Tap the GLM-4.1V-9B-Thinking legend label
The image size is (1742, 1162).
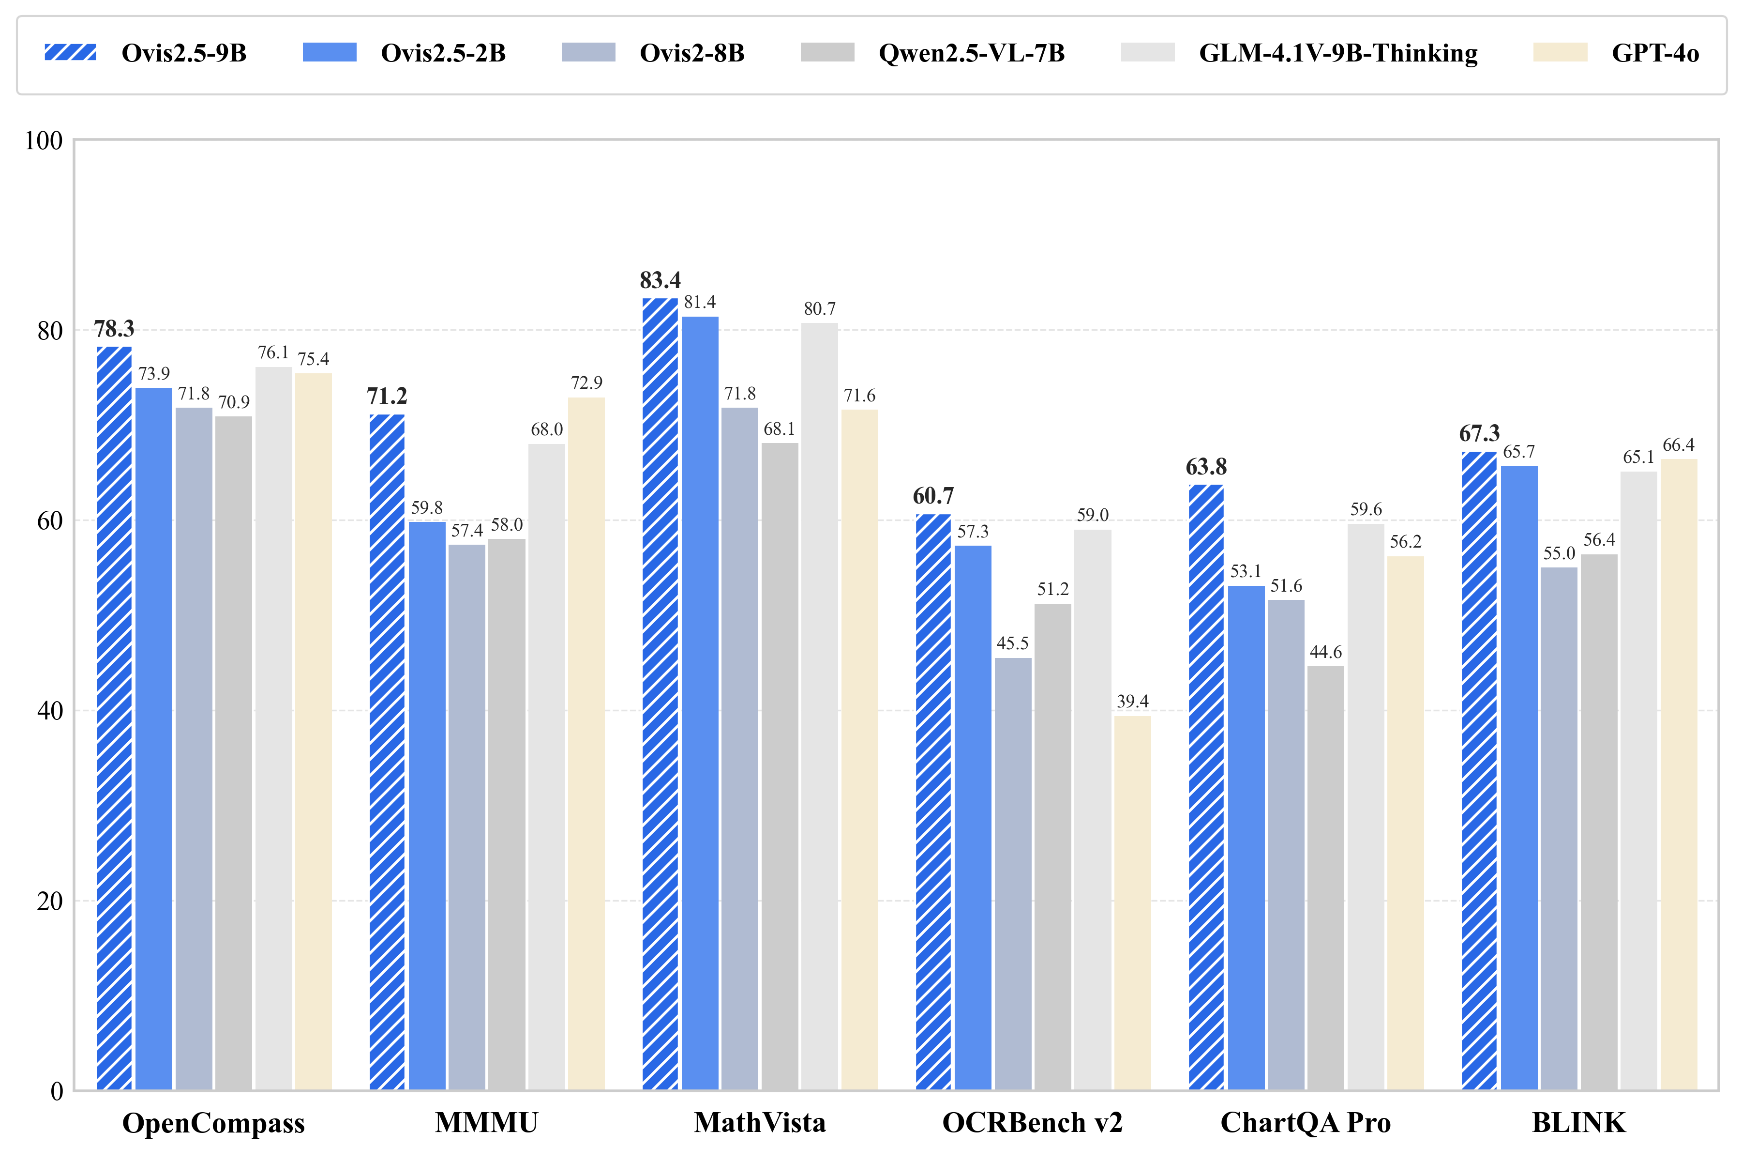tap(1337, 53)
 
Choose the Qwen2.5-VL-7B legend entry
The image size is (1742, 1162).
tap(971, 53)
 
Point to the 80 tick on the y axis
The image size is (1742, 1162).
tap(50, 331)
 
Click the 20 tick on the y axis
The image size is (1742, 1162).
tap(50, 901)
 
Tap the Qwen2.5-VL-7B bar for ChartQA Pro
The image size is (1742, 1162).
tap(1326, 878)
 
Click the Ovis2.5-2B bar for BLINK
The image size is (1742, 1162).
tap(1519, 778)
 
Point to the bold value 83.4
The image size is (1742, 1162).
tap(660, 281)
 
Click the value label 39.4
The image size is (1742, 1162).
tap(1132, 701)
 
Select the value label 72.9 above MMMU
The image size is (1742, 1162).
tap(586, 383)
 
